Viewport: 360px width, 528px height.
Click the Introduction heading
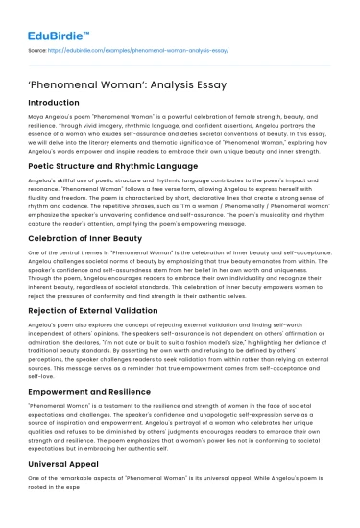[60, 101]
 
